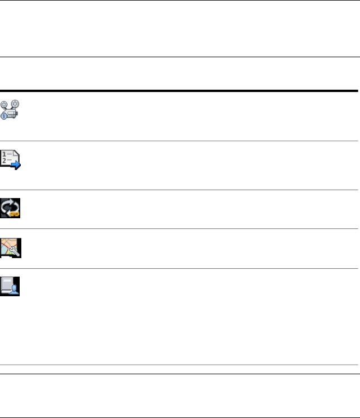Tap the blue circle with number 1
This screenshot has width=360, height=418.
coord(4,116)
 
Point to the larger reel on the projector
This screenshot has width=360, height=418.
coord(15,103)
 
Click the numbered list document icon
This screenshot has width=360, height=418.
coord(10,159)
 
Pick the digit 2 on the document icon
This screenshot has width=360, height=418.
coord(4,162)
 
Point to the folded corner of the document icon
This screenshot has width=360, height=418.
coord(16,153)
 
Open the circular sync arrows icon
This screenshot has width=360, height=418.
coord(10,208)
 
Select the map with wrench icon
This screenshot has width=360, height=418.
coord(10,247)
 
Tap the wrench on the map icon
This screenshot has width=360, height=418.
coord(15,251)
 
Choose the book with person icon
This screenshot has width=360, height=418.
coord(10,286)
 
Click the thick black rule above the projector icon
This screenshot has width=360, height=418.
coord(180,90)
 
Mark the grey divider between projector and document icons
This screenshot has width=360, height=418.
coord(180,141)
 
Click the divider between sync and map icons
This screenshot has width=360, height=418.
coord(180,228)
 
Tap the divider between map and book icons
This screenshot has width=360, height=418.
coord(180,268)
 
